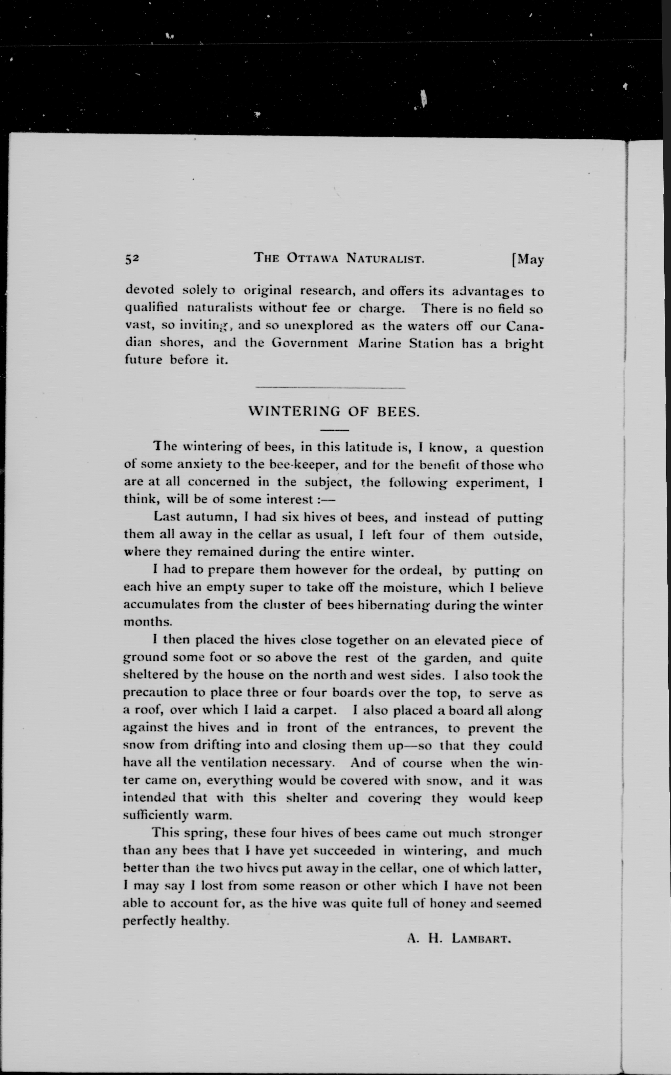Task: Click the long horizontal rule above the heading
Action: coord(331,388)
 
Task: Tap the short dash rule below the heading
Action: coord(335,430)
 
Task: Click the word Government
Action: coord(310,343)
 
